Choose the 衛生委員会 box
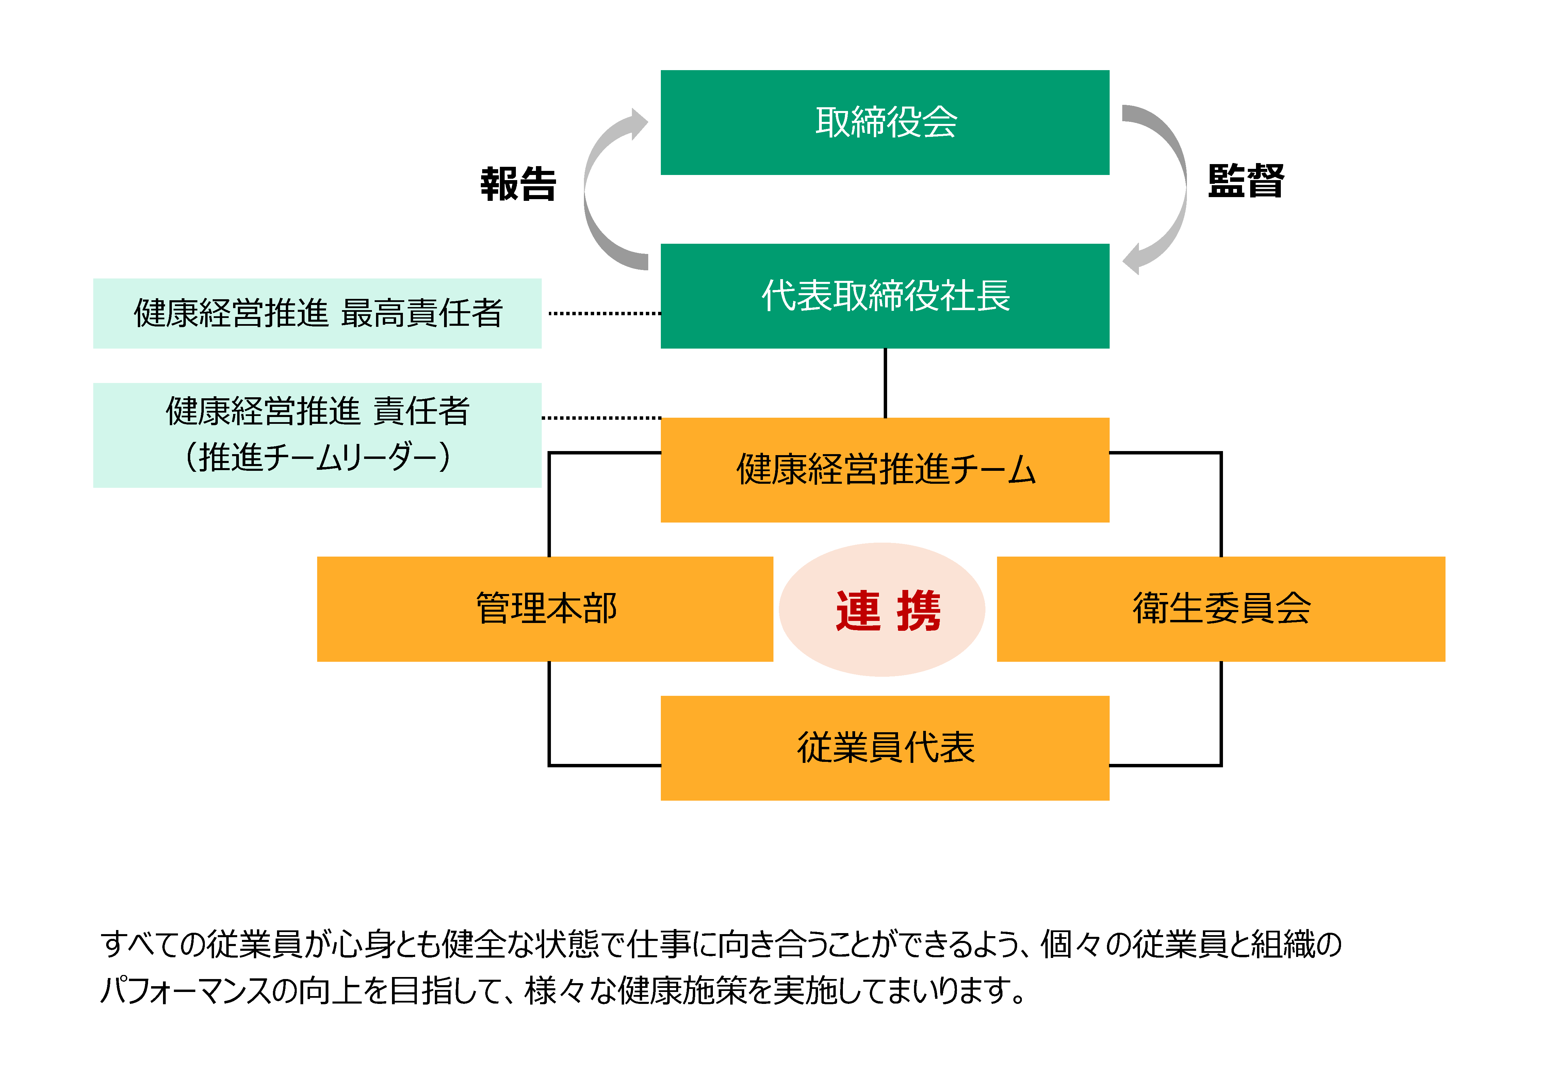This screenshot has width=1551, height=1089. coord(1221,608)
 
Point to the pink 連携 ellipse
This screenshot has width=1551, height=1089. coord(882,610)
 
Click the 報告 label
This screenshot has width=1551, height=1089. coord(518,184)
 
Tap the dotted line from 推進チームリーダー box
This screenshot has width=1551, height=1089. coord(601,418)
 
